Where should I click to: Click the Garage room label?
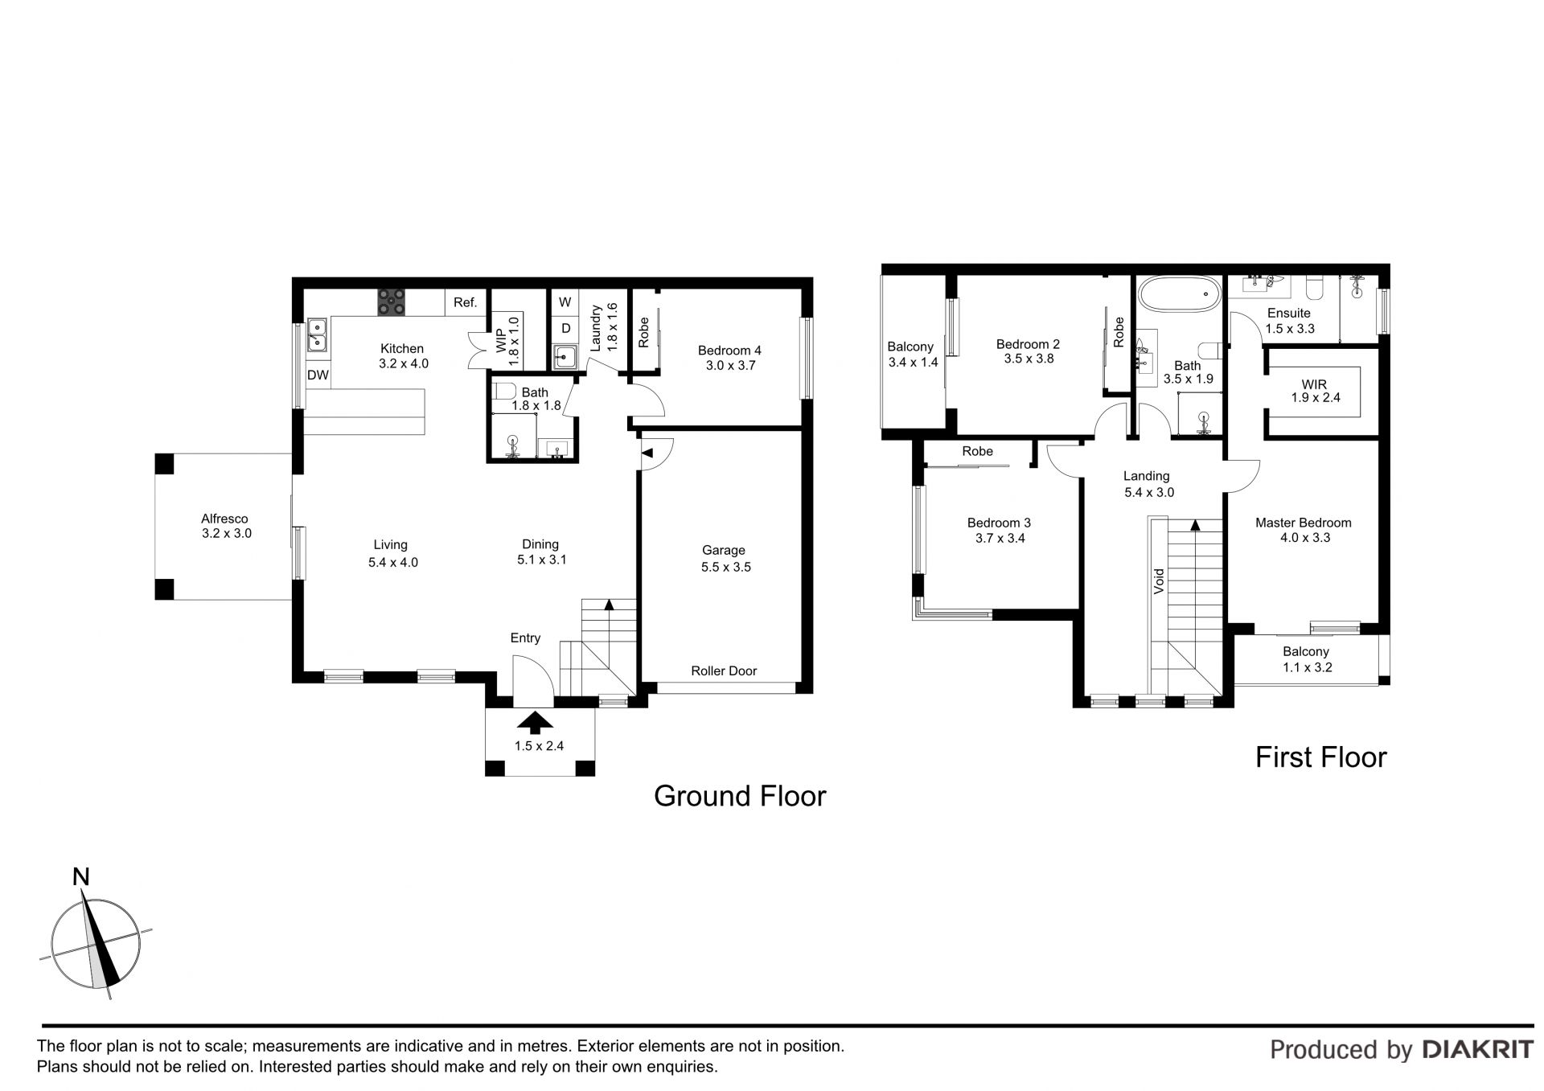coord(724,551)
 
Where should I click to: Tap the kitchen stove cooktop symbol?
coord(392,302)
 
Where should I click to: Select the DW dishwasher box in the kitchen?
coord(318,375)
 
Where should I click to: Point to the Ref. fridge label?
coord(466,303)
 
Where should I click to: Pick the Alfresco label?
coord(224,519)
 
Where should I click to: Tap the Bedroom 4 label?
coord(729,351)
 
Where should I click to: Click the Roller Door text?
coord(724,671)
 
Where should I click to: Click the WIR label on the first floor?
coord(1314,384)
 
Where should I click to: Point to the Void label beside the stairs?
coord(1159,581)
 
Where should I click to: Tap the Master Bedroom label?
coord(1303,523)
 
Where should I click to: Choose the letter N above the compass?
coord(81,877)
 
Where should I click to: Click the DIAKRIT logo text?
coord(1478,1049)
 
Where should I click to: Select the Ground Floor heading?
coord(740,796)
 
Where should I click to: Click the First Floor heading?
coord(1321,757)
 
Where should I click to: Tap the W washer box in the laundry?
coord(565,302)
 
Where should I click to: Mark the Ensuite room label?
coord(1288,314)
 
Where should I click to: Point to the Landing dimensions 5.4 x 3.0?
coord(1148,492)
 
